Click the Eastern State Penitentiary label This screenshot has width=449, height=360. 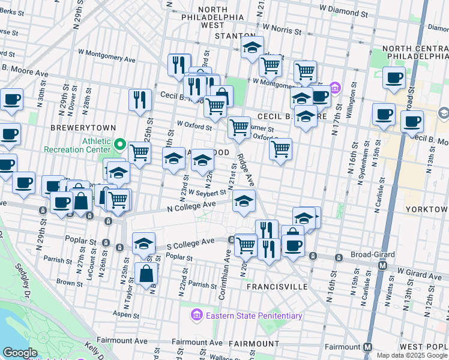coord(253,316)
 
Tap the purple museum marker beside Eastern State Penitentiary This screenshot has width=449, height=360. coord(196,315)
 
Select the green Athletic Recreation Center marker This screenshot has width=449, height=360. coord(120,145)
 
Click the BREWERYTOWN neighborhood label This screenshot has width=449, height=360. coord(79,128)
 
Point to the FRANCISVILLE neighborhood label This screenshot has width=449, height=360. coord(278,287)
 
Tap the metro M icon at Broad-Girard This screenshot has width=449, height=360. coord(382,265)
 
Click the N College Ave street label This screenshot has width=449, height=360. coord(191,206)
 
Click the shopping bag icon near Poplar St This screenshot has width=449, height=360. coord(146,274)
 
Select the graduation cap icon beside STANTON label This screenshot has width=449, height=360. coord(253,47)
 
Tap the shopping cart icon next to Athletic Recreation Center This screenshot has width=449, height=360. coord(139,152)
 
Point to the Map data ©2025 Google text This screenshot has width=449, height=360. coord(412,355)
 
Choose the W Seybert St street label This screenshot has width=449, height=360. coord(206,193)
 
